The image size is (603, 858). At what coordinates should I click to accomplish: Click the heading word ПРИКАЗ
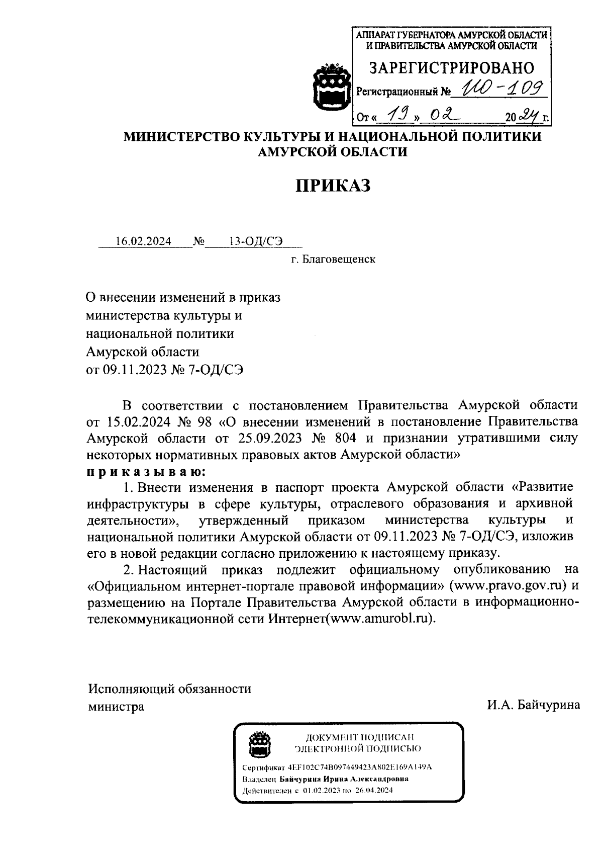pos(332,186)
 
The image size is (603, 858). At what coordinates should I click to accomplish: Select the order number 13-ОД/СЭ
pos(256,241)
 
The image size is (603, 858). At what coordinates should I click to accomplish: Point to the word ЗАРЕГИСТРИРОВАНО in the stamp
pos(452,68)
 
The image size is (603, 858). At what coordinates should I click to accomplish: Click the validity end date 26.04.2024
pos(375,790)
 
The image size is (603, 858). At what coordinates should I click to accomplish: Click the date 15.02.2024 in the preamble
pos(133,421)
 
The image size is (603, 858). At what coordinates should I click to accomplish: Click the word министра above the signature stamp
pos(116,706)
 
